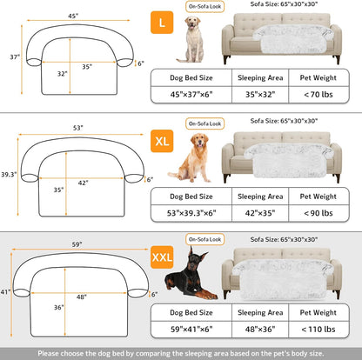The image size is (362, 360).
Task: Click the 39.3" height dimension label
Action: pos(9,175)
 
